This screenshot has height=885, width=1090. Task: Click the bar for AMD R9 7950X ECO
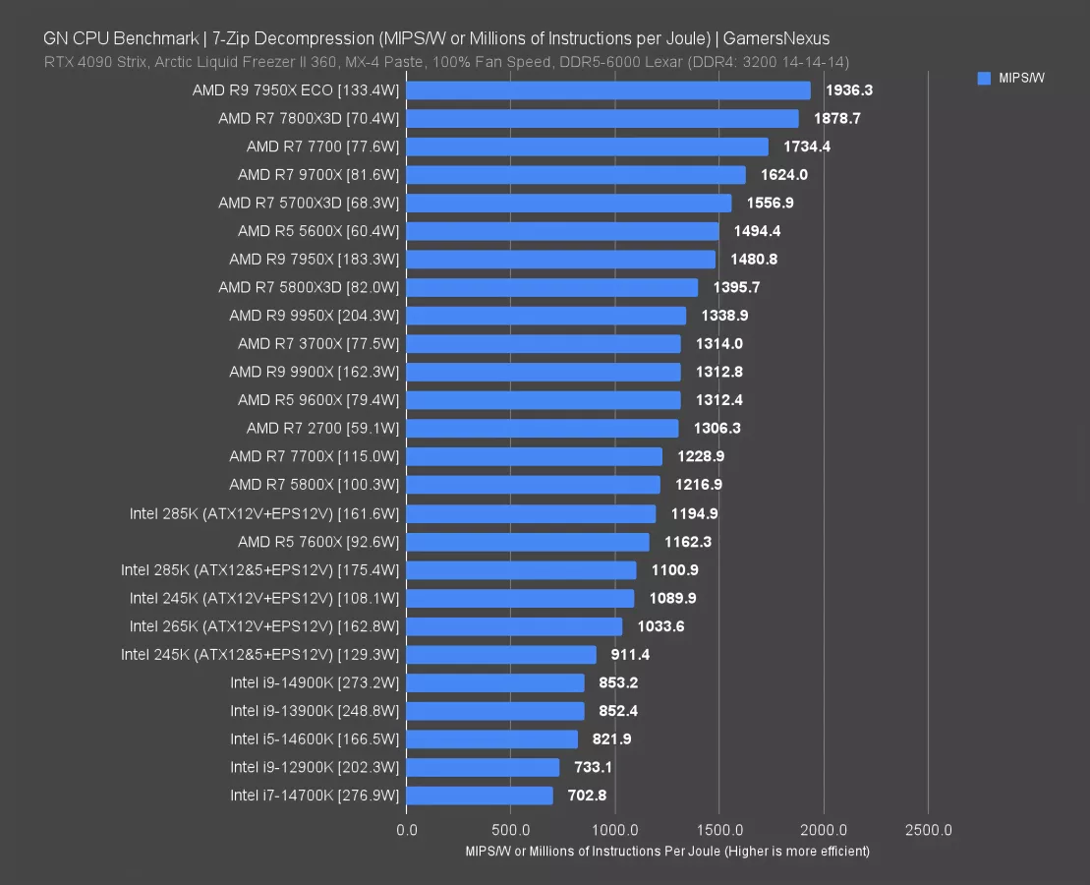607,90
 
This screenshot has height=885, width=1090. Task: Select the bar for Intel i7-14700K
480,796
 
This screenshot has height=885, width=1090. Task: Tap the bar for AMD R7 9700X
575,175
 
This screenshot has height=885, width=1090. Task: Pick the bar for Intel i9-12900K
483,767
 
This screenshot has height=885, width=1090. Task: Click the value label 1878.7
836,119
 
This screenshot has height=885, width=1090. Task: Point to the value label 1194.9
694,513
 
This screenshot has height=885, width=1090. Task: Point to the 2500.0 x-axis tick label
928,829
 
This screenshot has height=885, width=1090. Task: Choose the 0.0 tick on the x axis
406,829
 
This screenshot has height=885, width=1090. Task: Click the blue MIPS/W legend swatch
984,79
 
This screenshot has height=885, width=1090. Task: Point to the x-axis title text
667,851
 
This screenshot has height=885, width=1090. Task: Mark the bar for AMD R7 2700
542,429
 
